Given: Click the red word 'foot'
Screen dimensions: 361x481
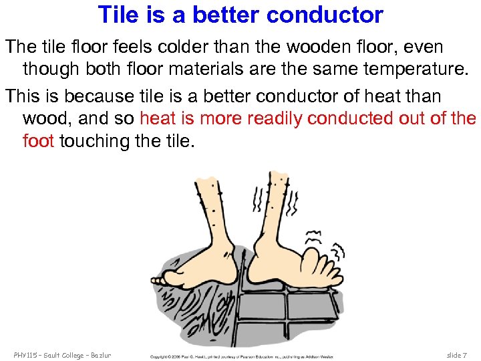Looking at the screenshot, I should [x=38, y=141].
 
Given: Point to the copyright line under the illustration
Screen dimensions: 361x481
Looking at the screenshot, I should [x=240, y=356].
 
